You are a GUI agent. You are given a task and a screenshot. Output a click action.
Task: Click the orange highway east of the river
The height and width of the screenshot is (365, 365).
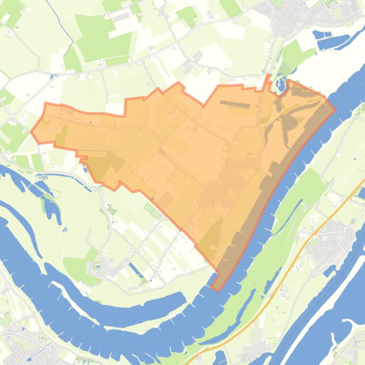(304, 246)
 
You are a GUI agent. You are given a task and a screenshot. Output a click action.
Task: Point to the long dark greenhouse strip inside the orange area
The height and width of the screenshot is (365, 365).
(234, 104)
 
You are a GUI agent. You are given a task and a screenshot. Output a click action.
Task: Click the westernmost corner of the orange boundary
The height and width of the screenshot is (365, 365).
(31, 132)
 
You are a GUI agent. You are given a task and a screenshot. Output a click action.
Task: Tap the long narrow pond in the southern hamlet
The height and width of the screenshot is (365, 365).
(135, 270)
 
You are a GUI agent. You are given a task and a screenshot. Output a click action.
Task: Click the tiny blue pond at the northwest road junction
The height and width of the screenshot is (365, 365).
(53, 76)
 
